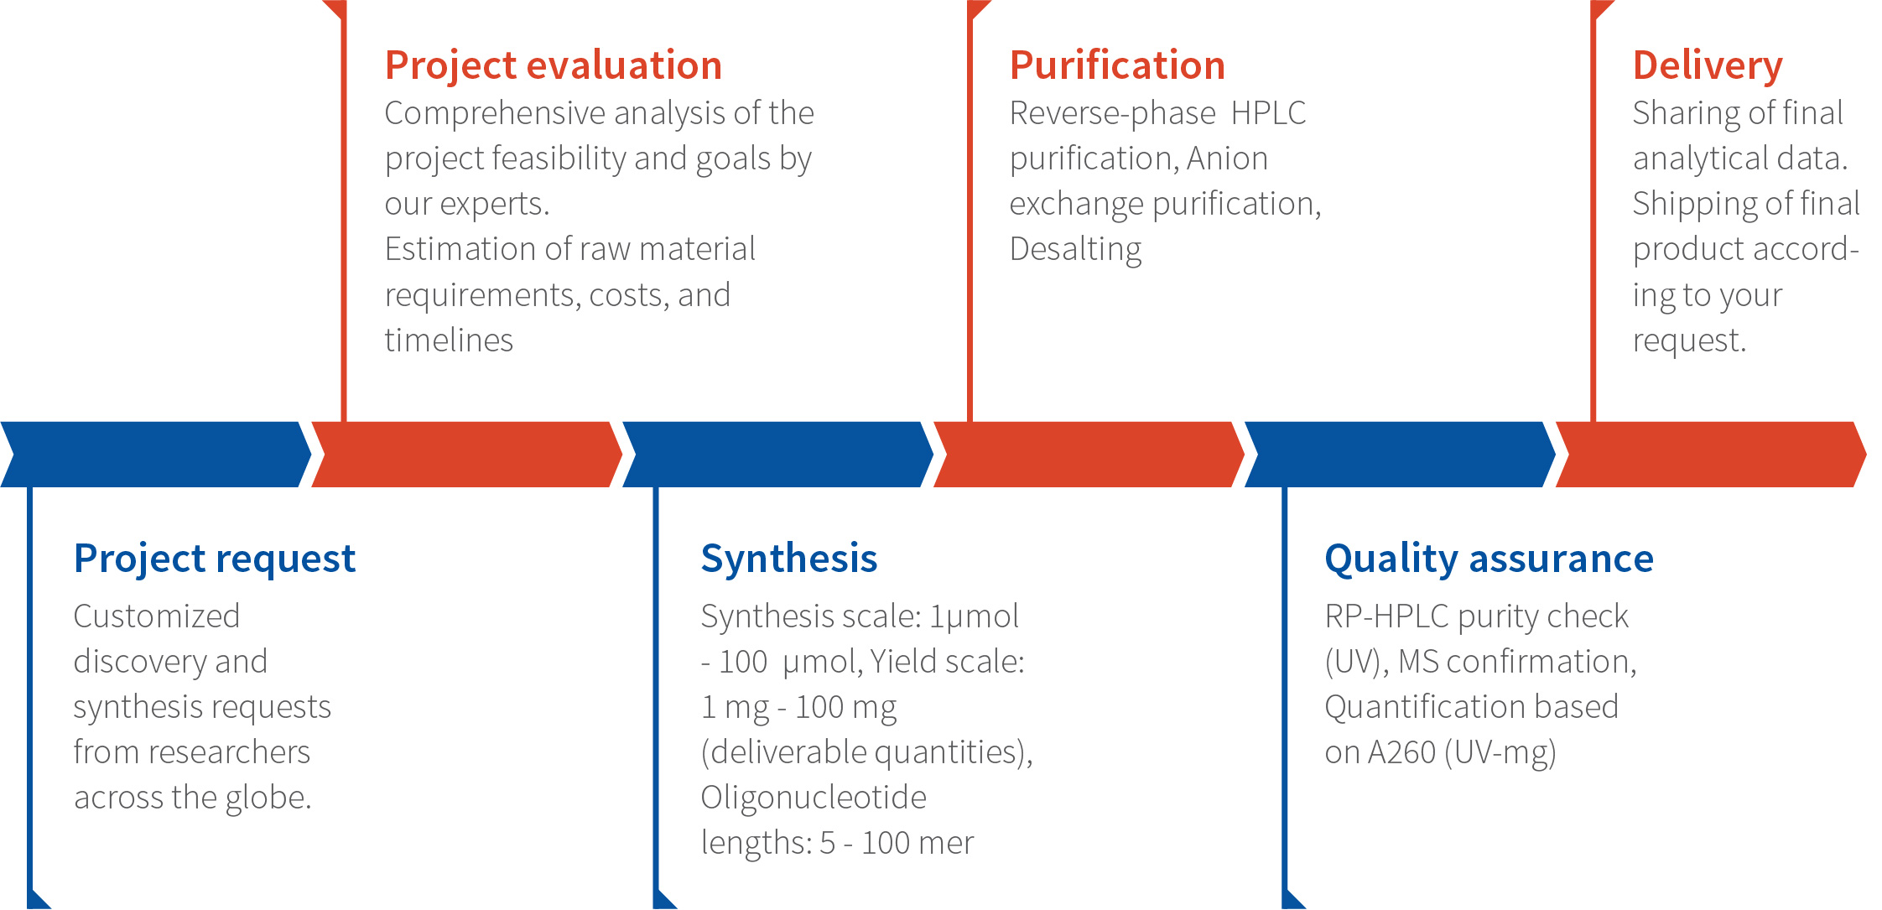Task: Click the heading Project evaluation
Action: coord(554,66)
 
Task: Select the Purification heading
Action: coord(1117,65)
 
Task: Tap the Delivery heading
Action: coord(1708,66)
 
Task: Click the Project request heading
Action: coord(215,559)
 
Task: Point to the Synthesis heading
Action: coord(789,559)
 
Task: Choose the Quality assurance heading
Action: coord(1489,559)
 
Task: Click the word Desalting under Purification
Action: coord(1075,250)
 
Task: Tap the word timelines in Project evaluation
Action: coord(449,341)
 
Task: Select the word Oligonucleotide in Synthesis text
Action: coord(814,798)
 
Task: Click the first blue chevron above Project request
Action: coord(156,455)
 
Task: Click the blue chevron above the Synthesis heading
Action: coord(778,455)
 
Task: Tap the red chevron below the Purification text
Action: coord(1089,455)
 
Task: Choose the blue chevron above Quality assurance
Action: coord(1401,455)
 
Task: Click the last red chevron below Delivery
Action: coord(1711,455)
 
